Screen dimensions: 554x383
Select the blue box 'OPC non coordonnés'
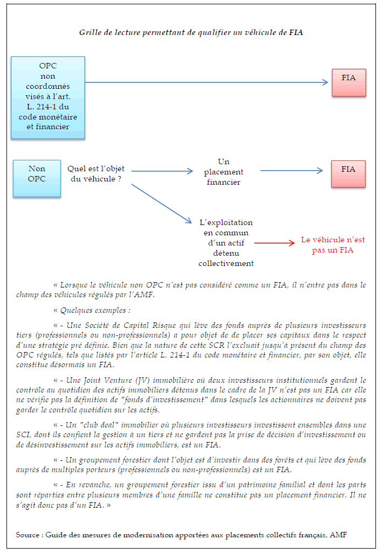tap(47, 97)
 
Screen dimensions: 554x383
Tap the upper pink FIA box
tap(349, 82)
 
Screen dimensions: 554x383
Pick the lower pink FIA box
tap(349, 174)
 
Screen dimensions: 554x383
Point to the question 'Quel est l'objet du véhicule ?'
tap(95, 174)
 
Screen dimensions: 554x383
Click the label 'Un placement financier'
tap(224, 172)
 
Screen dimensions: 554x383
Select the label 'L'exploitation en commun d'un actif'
tap(226, 243)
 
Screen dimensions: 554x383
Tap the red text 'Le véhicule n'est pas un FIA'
tap(333, 245)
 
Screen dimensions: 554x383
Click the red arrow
tap(274, 243)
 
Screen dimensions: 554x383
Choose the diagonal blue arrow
tap(162, 204)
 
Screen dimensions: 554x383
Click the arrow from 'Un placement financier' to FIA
tap(291, 171)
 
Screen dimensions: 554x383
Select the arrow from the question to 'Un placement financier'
tap(162, 171)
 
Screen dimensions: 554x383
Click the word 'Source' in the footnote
tap(27, 535)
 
